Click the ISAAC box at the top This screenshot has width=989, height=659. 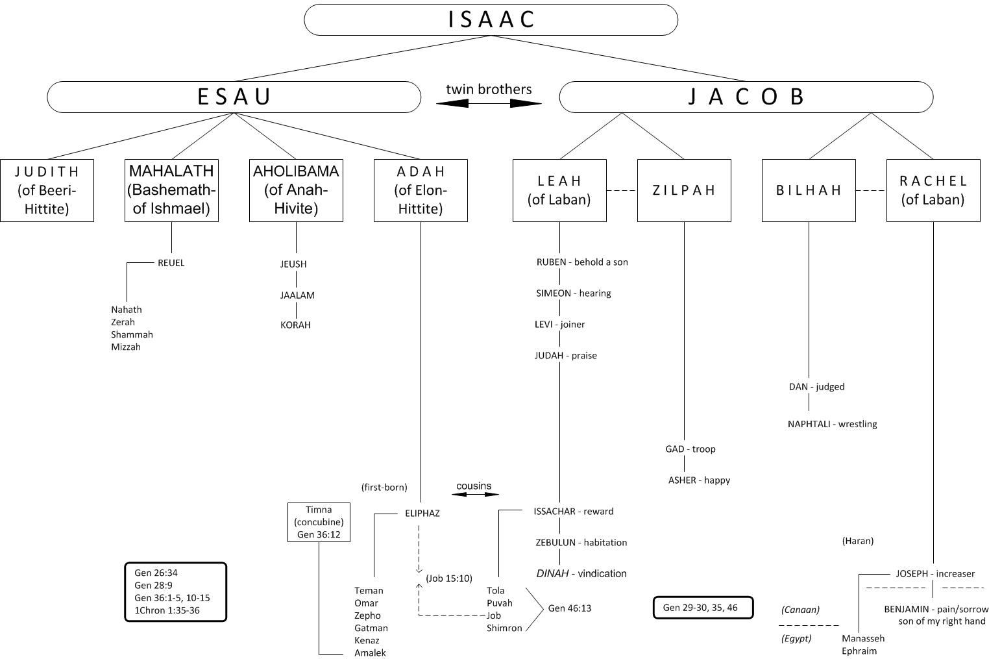tap(491, 19)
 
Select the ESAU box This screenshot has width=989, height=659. tap(234, 97)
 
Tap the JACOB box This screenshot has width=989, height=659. tap(746, 97)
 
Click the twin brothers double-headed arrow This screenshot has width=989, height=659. tap(489, 103)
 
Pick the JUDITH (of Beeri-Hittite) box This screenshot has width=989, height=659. tap(47, 190)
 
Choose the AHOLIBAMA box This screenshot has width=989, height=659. tap(296, 190)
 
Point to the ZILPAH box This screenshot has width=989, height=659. tap(684, 190)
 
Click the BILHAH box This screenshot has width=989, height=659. tap(809, 190)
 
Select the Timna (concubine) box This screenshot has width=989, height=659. tap(319, 522)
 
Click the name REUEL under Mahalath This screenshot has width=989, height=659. tap(171, 263)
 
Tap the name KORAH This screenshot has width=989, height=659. tap(295, 325)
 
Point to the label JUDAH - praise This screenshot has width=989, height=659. tap(565, 356)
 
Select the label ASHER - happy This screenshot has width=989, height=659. tap(699, 480)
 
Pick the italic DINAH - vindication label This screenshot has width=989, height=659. tap(581, 574)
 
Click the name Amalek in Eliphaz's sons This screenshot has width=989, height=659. tap(370, 653)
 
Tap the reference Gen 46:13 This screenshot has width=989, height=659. tap(569, 608)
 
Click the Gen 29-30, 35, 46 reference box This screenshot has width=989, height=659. tap(703, 608)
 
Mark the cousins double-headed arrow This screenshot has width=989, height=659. tap(475, 494)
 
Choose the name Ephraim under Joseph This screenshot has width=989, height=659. tap(859, 651)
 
